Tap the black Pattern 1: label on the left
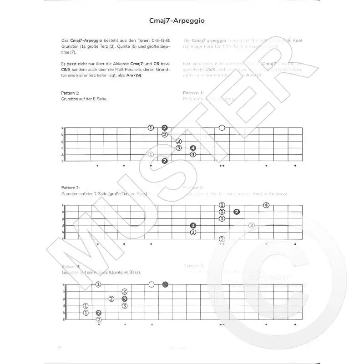71,93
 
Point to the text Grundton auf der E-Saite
84,99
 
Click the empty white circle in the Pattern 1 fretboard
222,128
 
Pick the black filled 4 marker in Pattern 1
193,148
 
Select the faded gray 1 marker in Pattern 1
151,155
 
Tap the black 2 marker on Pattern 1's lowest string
165,161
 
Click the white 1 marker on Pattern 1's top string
151,128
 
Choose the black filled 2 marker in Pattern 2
237,212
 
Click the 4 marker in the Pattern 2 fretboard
266,205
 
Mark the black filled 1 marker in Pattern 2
193,225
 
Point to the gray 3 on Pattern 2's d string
251,225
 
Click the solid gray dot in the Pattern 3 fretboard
165,284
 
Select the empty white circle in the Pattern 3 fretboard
152,284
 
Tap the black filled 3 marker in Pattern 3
124,298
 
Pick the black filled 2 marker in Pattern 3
99,313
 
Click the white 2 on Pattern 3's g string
111,298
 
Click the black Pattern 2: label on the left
71,187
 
